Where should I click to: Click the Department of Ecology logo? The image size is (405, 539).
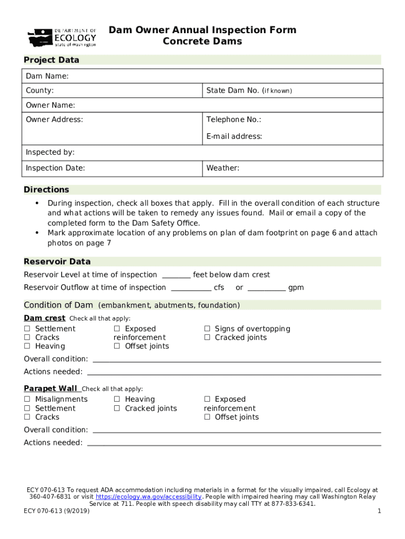(x=62, y=37)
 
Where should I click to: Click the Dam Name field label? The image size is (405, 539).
(x=47, y=77)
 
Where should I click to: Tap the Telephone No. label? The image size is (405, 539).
(x=234, y=119)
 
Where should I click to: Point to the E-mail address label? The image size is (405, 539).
(x=234, y=136)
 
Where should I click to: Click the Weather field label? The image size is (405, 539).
(x=222, y=168)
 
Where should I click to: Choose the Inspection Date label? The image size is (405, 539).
(x=55, y=168)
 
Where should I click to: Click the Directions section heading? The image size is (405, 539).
(x=46, y=189)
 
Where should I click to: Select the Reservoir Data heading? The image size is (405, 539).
(x=57, y=262)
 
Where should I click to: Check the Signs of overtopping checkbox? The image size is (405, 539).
(x=207, y=329)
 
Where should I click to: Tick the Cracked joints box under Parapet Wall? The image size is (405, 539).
(x=117, y=408)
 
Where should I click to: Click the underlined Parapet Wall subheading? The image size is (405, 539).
(x=50, y=388)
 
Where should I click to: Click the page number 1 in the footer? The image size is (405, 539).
(x=379, y=511)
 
